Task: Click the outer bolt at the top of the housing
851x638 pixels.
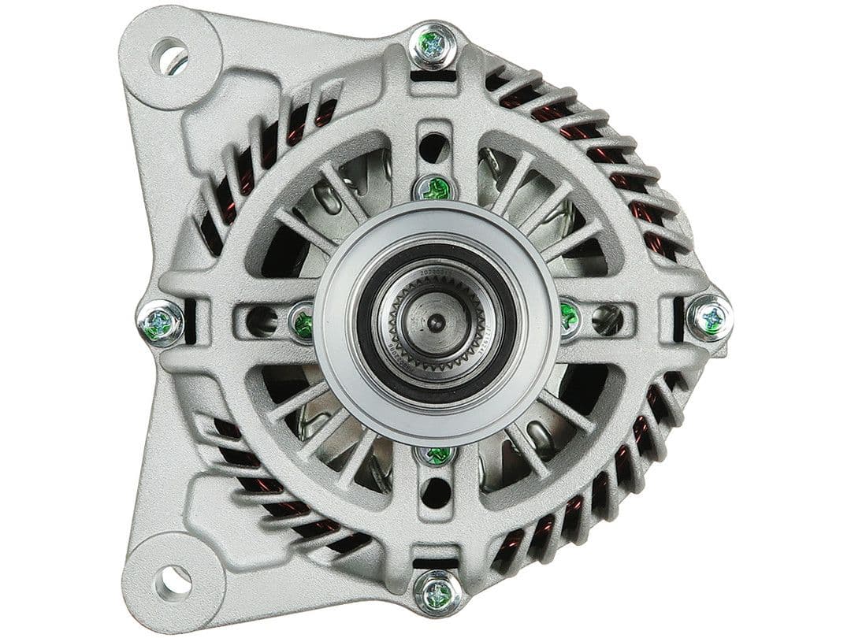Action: click(x=433, y=46)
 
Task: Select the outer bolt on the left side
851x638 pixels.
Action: click(x=161, y=323)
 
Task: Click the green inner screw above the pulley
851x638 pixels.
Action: click(x=436, y=188)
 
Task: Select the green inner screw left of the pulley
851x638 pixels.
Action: click(x=302, y=323)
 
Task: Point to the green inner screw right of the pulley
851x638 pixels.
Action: click(x=569, y=317)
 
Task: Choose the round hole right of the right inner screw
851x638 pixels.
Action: click(x=608, y=318)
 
